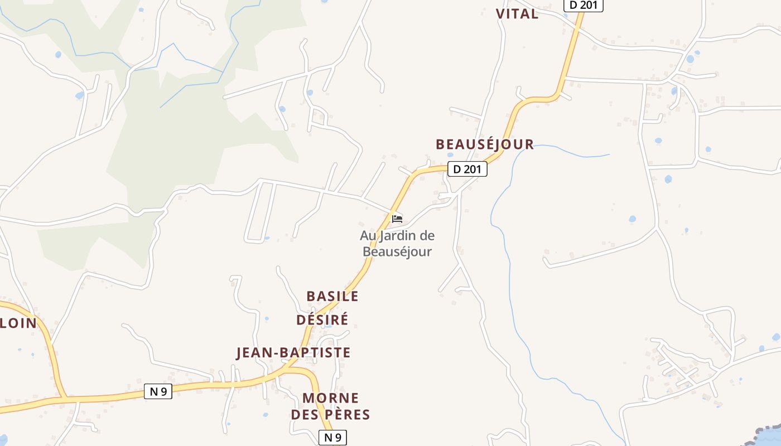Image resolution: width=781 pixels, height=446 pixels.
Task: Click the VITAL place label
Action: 517,14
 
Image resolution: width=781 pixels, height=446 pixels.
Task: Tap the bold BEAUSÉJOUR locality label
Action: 485,144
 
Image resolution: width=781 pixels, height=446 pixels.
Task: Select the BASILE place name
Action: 332,296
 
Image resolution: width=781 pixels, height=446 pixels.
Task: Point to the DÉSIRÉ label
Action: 322,319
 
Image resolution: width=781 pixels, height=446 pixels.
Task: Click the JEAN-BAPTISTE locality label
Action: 293,352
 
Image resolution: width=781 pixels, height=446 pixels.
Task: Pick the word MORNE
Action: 331,398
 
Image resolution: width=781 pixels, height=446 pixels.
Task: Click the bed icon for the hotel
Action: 397,219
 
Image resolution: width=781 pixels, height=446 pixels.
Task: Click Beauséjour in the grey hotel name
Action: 397,251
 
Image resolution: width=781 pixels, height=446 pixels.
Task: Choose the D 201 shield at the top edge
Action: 584,6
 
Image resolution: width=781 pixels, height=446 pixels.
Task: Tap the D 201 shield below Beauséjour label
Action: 467,169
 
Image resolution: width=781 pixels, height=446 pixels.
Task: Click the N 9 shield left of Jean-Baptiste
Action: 158,391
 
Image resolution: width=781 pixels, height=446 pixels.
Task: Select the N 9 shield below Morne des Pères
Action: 332,438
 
